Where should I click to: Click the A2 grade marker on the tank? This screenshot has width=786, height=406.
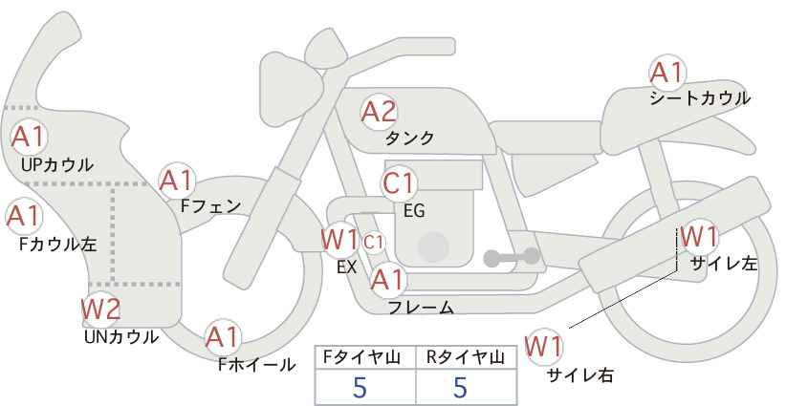click(x=379, y=112)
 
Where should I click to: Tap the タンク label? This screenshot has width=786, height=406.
click(x=409, y=138)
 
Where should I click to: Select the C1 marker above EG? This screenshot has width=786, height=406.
click(x=399, y=183)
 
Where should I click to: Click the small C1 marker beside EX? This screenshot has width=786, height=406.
click(x=374, y=243)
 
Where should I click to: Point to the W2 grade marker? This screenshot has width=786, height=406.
click(x=100, y=309)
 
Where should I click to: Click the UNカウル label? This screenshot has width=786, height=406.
click(x=120, y=337)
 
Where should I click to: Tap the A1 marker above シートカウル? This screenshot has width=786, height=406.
click(x=667, y=72)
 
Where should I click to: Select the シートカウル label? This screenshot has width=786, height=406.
click(x=700, y=98)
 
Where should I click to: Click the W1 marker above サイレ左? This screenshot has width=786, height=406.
click(x=699, y=237)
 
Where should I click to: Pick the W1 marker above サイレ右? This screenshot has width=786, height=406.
click(x=543, y=347)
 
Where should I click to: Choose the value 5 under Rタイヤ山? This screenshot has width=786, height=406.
click(x=461, y=387)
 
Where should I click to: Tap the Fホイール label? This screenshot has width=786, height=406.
click(x=256, y=365)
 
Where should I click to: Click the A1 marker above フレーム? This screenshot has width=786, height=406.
click(x=387, y=280)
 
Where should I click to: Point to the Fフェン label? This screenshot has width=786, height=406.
click(x=210, y=206)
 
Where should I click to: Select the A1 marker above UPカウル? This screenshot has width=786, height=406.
click(x=29, y=137)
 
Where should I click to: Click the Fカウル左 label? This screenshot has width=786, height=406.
click(x=57, y=245)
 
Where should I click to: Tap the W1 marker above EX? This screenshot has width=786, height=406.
click(x=339, y=239)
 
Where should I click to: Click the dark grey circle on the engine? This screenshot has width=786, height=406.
click(x=433, y=246)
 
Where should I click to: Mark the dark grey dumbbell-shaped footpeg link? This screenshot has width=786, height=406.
click(x=512, y=257)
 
